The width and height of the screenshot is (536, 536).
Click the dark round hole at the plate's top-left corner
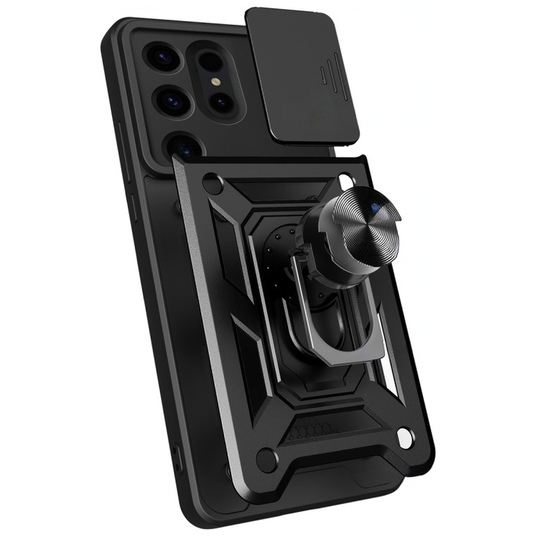213,184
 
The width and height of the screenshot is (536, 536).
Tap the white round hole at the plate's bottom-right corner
406,437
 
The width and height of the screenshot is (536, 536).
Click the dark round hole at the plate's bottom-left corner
267,459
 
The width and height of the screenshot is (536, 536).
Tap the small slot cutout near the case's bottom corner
176,461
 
